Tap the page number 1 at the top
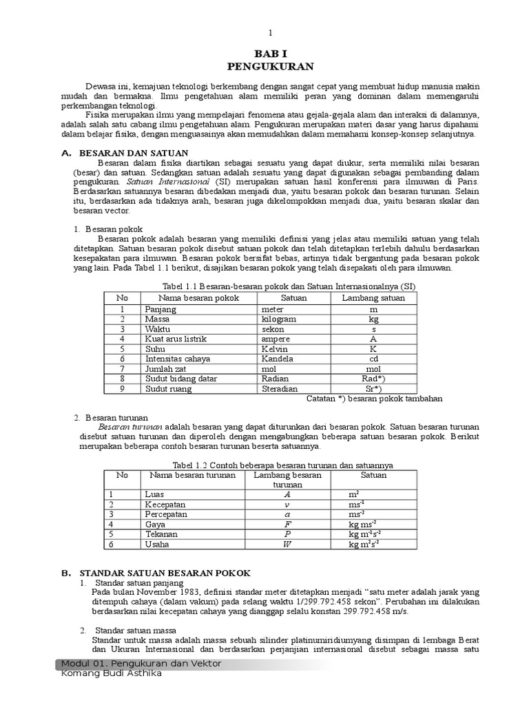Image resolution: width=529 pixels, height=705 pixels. (271, 32)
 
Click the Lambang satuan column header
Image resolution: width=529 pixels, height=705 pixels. (373, 298)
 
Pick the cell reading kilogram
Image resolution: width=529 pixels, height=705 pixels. (280, 319)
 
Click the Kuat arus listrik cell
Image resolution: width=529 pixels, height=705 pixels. (176, 339)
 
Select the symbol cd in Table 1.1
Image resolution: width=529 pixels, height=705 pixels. (374, 359)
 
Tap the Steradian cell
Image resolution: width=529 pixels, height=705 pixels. (280, 388)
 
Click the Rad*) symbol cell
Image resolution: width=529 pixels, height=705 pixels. (374, 379)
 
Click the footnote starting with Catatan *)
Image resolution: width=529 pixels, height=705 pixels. (373, 399)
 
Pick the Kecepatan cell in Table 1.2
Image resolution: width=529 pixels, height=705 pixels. (166, 505)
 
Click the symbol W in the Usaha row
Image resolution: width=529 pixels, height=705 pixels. (288, 544)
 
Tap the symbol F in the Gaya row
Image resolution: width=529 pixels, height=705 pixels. (288, 524)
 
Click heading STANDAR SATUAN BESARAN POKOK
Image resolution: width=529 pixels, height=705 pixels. (165, 573)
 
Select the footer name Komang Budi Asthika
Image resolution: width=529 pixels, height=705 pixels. (112, 673)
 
